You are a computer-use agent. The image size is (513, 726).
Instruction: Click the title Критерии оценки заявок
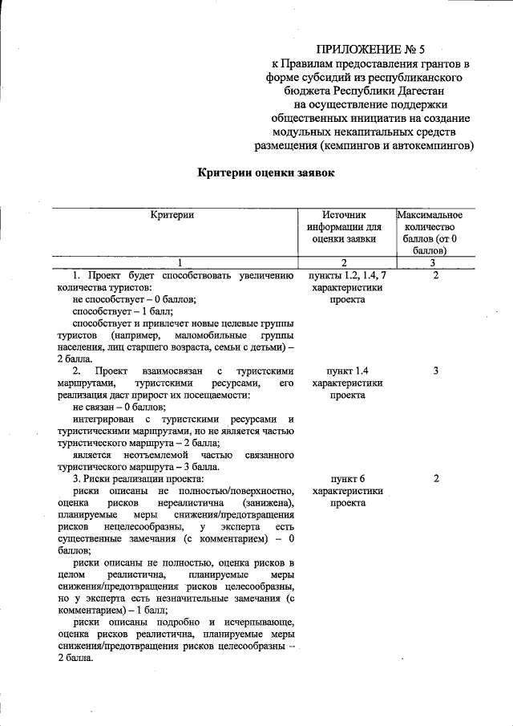(x=265, y=172)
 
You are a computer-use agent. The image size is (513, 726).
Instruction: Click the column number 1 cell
(x=180, y=262)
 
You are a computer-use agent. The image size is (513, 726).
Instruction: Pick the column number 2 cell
(x=344, y=262)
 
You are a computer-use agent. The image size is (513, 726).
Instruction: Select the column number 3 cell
(x=432, y=262)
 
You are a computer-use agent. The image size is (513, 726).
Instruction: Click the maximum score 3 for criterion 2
(x=434, y=372)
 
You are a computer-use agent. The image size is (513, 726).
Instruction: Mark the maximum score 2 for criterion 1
(x=434, y=275)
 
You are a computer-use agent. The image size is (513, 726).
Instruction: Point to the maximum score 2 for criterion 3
(x=434, y=479)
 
